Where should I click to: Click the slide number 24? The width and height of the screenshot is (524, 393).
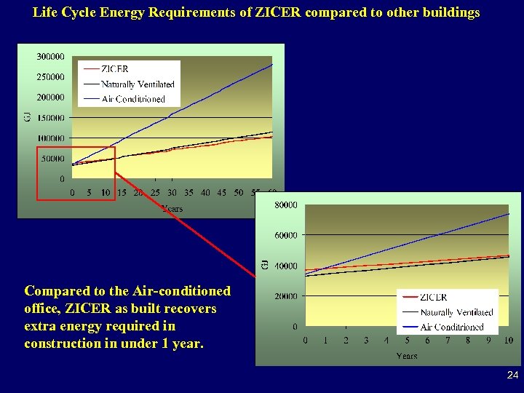coord(512,376)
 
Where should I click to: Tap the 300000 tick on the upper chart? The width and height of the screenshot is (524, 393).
coord(49,56)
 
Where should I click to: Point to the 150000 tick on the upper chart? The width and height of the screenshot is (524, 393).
coord(49,117)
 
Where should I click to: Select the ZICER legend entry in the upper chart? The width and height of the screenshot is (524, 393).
coord(115,69)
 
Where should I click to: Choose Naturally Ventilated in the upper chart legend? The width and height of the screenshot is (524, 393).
coord(138,84)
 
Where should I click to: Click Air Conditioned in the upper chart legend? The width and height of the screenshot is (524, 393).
coord(133,99)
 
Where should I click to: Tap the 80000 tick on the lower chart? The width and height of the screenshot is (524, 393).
coord(285,205)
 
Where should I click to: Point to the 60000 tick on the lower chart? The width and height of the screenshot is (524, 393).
coord(285,235)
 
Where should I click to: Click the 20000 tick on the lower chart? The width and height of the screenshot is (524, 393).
coord(285,296)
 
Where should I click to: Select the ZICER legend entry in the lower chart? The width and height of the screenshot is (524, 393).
coord(434,297)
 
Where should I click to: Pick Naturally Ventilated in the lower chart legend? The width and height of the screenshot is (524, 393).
coord(456,312)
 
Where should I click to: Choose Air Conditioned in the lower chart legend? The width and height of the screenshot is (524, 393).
coord(452,327)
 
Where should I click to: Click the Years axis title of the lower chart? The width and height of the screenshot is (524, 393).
coord(407,356)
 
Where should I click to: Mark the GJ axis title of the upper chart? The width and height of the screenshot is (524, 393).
coord(28,116)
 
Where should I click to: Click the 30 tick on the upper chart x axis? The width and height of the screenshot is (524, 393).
coord(172,193)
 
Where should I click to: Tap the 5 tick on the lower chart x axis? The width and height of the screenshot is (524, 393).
coord(407,341)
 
